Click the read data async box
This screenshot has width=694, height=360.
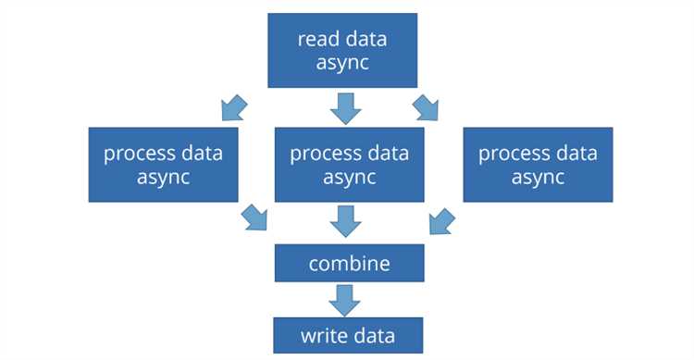[342, 51]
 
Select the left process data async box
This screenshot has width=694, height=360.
[163, 165]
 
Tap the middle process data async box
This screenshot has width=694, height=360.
[349, 165]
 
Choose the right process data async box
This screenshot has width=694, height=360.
[538, 165]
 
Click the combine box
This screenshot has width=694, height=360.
[349, 263]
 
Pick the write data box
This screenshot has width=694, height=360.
[348, 335]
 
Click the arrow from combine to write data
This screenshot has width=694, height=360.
[344, 300]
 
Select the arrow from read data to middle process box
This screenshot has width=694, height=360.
[346, 108]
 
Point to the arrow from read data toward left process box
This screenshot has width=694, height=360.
[233, 108]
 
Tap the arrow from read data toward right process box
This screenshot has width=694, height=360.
[426, 108]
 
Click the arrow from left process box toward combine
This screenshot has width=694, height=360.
[254, 217]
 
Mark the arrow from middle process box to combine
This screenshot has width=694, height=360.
[346, 221]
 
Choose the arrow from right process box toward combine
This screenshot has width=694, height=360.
[441, 221]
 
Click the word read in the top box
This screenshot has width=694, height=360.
[315, 39]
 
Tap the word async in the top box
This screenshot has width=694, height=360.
[342, 62]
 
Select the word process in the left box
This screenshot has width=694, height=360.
[139, 155]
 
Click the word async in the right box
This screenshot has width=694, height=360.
[538, 177]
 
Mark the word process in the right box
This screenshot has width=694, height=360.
[513, 155]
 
